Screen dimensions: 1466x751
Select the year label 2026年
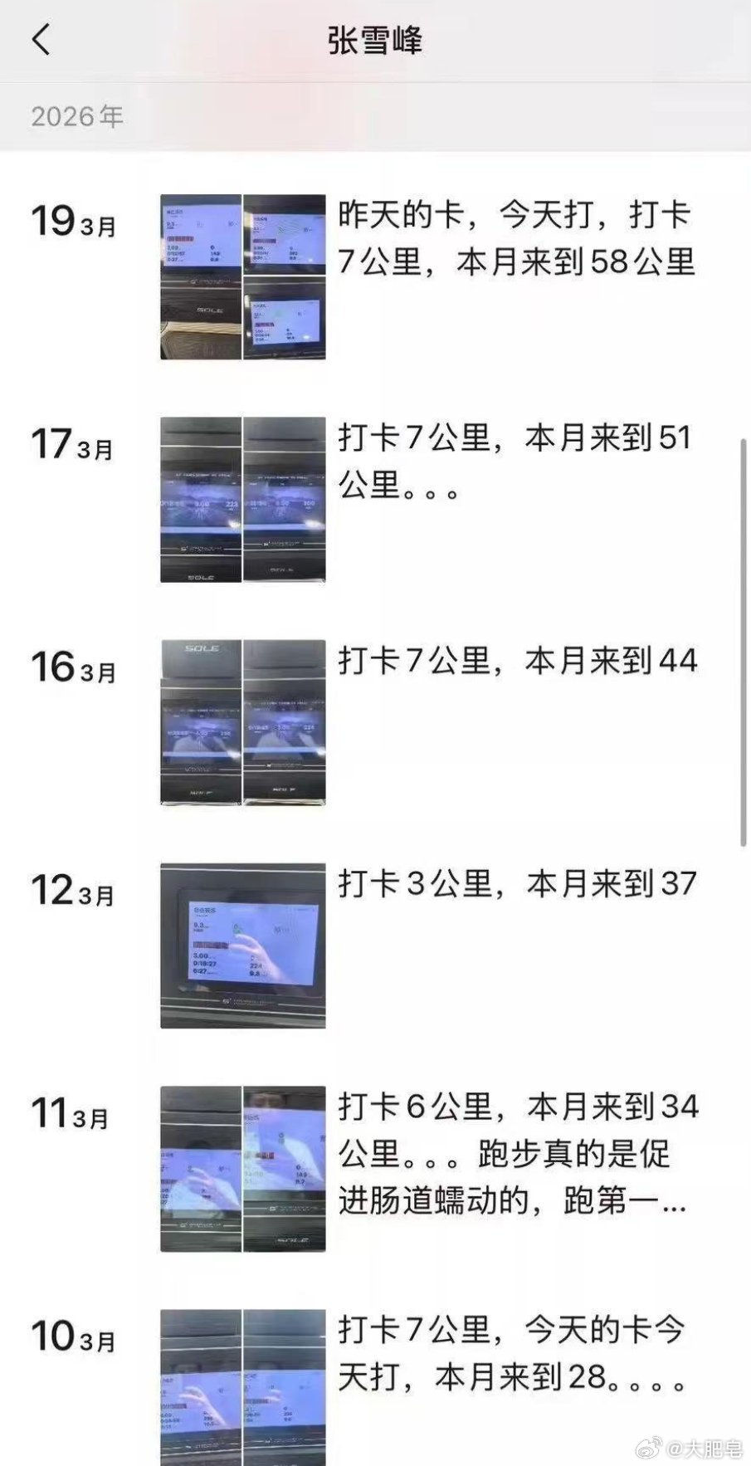[77, 116]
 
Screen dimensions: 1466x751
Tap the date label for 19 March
[73, 222]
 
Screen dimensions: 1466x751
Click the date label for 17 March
[72, 445]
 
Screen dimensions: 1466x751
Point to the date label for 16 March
[73, 667]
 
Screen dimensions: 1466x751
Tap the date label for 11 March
[71, 1114]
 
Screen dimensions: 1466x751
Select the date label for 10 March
[73, 1337]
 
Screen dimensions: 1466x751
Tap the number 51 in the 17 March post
[674, 438]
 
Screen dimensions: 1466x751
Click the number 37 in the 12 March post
[677, 884]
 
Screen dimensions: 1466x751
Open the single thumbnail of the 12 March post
[243, 946]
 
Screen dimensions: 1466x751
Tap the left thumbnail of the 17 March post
[201, 500]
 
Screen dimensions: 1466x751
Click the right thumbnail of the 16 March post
[285, 722]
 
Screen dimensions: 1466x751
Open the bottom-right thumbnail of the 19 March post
[285, 319]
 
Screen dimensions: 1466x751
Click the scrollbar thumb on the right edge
[743, 643]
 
